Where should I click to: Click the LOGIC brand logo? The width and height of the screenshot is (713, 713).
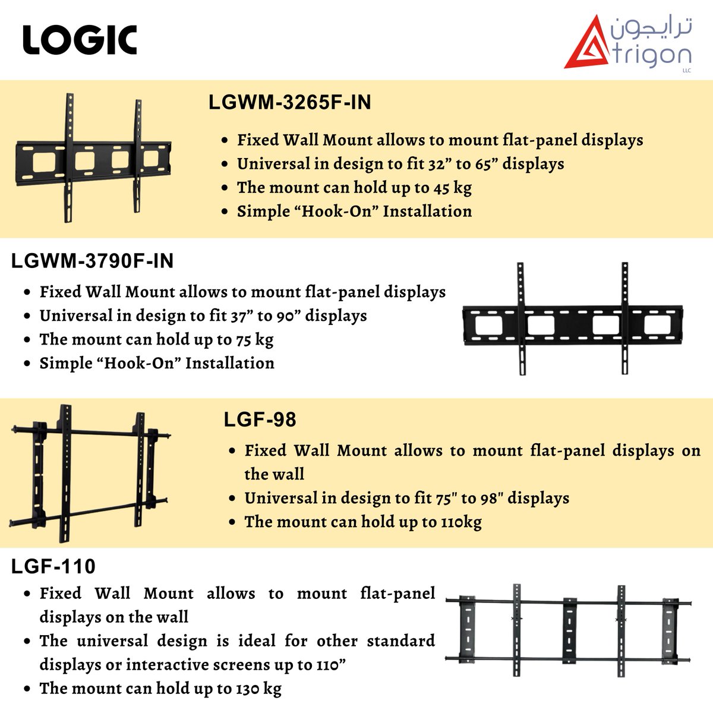tap(80, 40)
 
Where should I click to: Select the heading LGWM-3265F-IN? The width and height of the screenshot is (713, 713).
tap(290, 102)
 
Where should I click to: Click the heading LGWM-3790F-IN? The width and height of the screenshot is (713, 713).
tap(93, 261)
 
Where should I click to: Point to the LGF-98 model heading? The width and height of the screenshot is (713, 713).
tap(260, 419)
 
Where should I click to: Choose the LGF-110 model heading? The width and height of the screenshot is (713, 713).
tap(53, 566)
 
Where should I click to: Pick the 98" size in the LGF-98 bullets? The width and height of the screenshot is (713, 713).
tap(491, 498)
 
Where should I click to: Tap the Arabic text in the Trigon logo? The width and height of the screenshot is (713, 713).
tap(651, 29)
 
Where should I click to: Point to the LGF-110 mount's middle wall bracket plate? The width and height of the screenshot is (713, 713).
tap(570, 630)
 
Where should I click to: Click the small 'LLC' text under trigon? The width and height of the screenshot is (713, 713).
tap(687, 71)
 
